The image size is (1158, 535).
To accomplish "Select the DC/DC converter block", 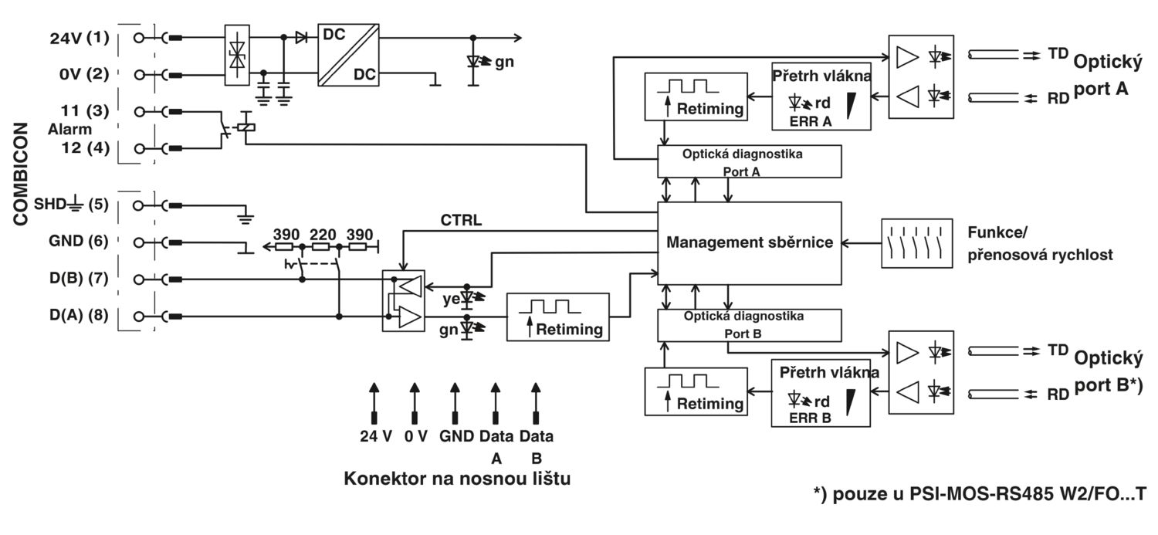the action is point(348,55).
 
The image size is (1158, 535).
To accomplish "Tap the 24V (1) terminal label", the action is point(80,38).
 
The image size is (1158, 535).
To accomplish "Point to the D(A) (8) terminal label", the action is point(79,315).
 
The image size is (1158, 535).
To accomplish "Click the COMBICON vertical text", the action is point(21,174).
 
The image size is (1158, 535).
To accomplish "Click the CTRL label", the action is point(461,220).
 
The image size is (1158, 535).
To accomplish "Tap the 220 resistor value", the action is point(323,234).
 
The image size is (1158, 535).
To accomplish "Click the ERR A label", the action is point(811,122).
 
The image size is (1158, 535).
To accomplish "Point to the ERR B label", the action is point(810,418).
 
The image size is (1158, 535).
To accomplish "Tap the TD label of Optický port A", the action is point(1058,53).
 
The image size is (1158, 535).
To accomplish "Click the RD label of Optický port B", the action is point(1058,394).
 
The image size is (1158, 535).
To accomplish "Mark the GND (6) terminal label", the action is point(79,241).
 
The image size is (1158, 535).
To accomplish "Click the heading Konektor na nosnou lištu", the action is point(457,479).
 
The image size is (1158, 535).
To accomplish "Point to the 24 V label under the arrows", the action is point(376,436).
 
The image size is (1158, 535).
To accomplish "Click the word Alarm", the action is point(69,129).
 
